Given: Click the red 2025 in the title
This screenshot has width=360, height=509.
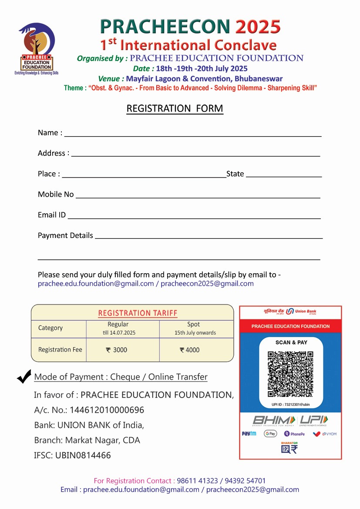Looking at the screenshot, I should point(258,27).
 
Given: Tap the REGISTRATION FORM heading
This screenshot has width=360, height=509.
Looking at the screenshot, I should point(175,108).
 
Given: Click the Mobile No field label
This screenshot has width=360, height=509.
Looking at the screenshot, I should point(56,194).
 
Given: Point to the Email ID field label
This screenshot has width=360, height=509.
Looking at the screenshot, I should point(52,215).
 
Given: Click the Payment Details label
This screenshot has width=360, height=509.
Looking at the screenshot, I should point(65,235).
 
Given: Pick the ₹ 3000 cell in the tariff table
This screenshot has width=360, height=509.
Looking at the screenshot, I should point(117,350).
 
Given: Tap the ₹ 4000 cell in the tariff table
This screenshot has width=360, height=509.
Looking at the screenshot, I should point(190,350).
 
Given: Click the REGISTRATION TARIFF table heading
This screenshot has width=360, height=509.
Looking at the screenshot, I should point(138,313).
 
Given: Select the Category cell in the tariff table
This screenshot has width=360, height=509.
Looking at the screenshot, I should point(50,328).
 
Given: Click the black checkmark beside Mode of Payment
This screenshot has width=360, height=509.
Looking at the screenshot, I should point(24,376).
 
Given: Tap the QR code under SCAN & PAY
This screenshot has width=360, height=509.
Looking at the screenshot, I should point(290,374).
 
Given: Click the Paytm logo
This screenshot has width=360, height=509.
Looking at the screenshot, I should point(249,434).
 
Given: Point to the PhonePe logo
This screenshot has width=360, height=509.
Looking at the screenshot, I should point(294,434).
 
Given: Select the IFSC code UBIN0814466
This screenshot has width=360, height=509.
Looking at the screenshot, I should point(83,455).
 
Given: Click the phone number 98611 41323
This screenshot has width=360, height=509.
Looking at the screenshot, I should point(197,481).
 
